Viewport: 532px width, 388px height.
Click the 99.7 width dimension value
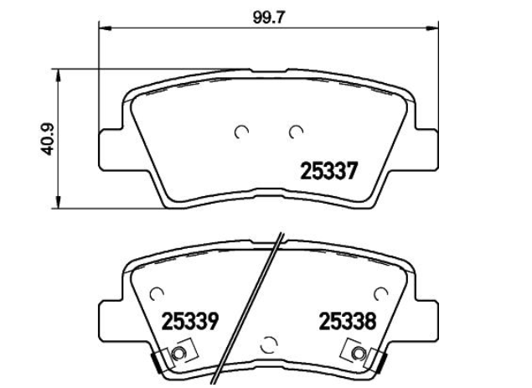pos(268,18)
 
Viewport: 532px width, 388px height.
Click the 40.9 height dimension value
pos(49,139)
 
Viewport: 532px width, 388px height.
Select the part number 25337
pos(329,171)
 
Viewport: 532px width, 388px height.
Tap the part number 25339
pos(189,321)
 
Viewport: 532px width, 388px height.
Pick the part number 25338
pos(348,321)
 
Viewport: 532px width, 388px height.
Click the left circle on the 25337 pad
pos(241,132)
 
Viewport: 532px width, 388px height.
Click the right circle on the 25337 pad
pos(296,132)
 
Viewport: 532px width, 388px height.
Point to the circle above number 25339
pos(157,294)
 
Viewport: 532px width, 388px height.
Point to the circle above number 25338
pos(380,294)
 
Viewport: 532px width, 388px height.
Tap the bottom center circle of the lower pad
pos(269,345)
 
